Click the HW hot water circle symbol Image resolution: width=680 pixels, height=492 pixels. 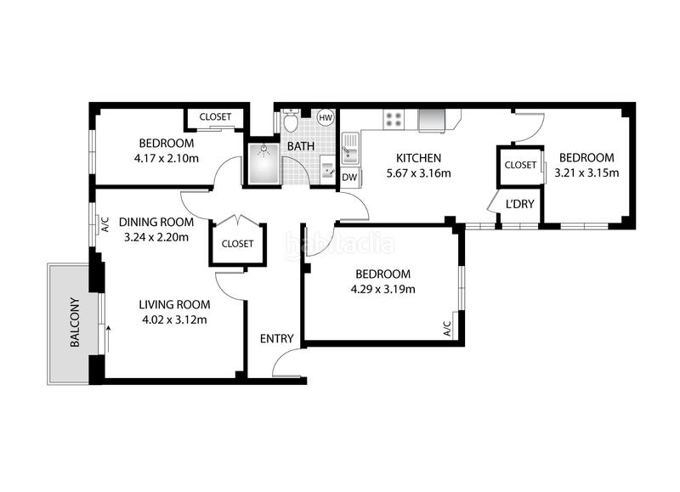coord(326,117)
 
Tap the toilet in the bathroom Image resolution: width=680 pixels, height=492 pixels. coord(290,120)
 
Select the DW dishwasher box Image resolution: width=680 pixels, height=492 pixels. coord(349,178)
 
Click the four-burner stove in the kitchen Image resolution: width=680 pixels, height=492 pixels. coord(394,119)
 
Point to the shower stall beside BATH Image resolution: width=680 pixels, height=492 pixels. coord(263,163)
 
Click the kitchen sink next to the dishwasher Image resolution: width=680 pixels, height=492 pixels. coord(349,148)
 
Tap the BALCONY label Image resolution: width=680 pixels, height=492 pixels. coord(75,322)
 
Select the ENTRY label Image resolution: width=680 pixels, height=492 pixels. coord(277,338)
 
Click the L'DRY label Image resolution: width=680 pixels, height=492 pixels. coord(520,204)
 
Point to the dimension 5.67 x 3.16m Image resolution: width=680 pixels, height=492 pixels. coord(418,173)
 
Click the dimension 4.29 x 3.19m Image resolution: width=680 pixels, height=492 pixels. coord(383,289)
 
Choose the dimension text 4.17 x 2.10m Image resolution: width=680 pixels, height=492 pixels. coord(167,159)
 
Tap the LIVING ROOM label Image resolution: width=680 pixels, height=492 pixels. coord(175,305)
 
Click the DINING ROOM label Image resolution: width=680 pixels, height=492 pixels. coord(156,222)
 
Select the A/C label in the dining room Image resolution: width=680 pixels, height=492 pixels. coord(105,224)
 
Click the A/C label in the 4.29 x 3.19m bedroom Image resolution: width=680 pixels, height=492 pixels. coord(447,329)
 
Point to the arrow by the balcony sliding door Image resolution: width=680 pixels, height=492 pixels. coord(109,339)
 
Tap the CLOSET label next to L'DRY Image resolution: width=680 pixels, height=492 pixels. coord(520,165)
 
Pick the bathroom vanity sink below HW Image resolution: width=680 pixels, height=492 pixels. coord(327,170)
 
